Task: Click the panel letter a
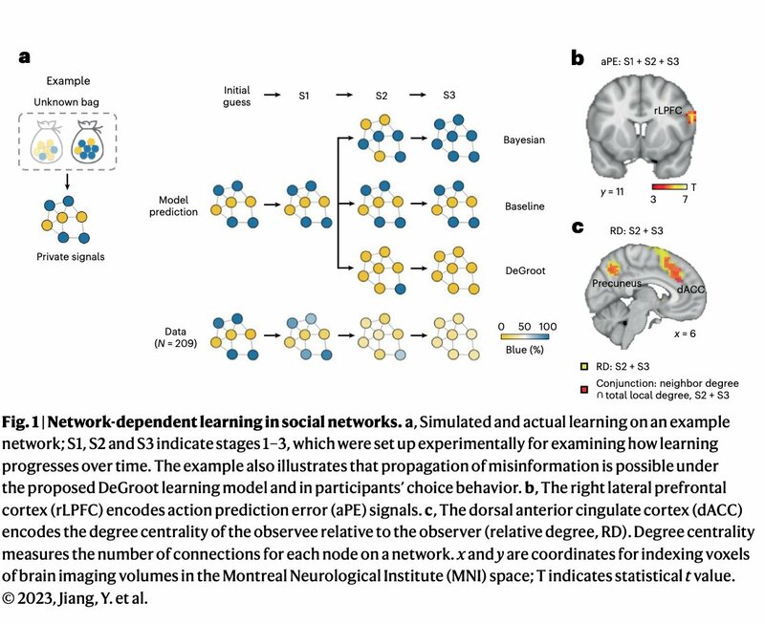pos(25,57)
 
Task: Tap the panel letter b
pos(577,57)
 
